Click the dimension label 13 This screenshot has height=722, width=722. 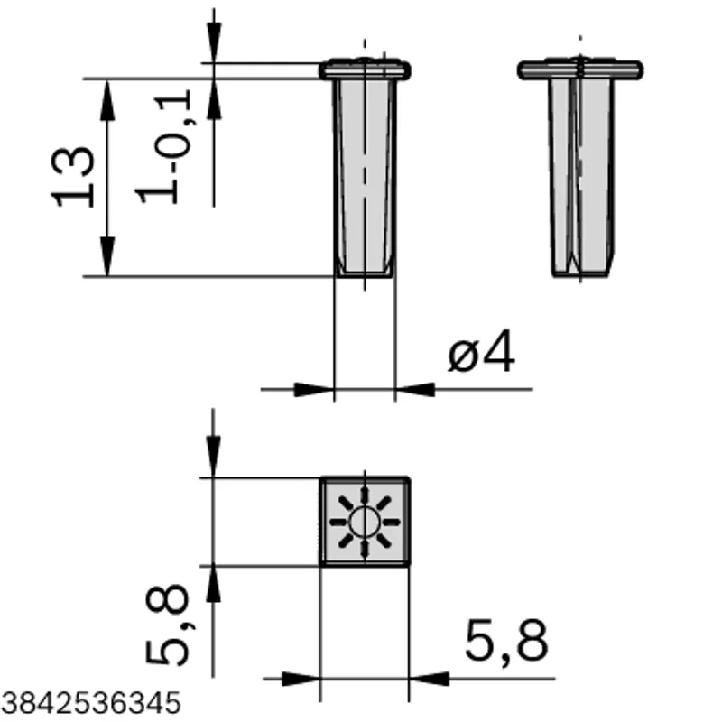coord(73,177)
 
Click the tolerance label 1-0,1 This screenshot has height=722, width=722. coord(163,146)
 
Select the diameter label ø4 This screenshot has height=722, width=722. coord(481,351)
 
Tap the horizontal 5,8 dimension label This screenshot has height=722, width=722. coord(506,641)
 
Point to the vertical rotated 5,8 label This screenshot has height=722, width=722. coord(169,625)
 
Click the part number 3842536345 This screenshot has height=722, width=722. coord(90,703)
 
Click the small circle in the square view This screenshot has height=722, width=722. coord(365,523)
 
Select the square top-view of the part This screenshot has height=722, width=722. coord(365,522)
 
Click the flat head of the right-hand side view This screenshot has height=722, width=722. coord(580,69)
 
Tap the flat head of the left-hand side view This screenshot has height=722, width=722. coord(365,69)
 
